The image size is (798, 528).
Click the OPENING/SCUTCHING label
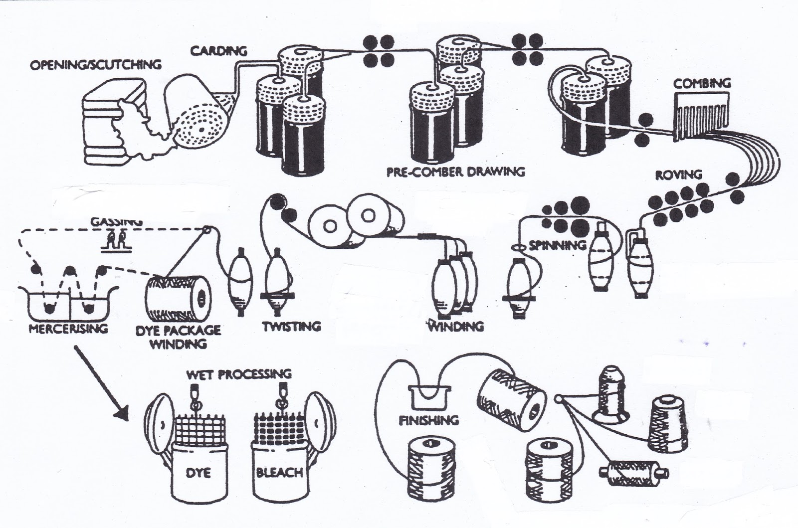click(96, 65)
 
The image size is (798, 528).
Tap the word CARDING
click(218, 50)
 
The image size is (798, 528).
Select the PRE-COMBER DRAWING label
click(456, 172)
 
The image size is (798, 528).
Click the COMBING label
click(702, 83)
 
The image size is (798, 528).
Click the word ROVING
click(678, 175)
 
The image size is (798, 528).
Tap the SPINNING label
click(557, 245)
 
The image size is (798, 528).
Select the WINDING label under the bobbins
click(456, 327)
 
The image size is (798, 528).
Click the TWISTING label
click(292, 327)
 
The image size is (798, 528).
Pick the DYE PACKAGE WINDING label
click(179, 337)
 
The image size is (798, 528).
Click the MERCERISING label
click(68, 329)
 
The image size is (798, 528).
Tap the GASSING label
click(117, 221)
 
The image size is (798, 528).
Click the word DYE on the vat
click(199, 472)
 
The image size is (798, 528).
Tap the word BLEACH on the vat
click(279, 472)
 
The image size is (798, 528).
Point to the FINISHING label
click(429, 420)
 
